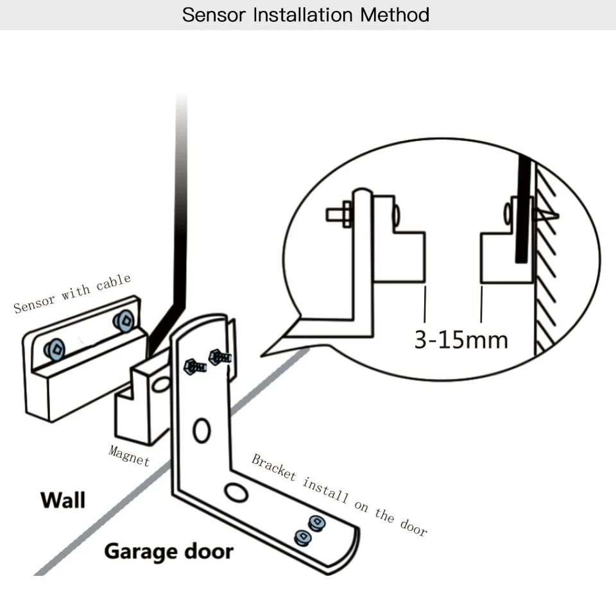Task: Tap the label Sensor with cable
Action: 72,293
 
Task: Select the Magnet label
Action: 129,455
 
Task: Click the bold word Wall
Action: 62,500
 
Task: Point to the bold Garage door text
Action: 169,550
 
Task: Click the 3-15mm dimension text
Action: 461,339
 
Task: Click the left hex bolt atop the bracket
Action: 194,367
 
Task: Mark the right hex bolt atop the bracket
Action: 219,357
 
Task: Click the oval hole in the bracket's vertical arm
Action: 201,430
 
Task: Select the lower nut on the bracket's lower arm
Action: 301,537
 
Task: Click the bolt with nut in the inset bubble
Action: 339,214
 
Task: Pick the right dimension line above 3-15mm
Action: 481,305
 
